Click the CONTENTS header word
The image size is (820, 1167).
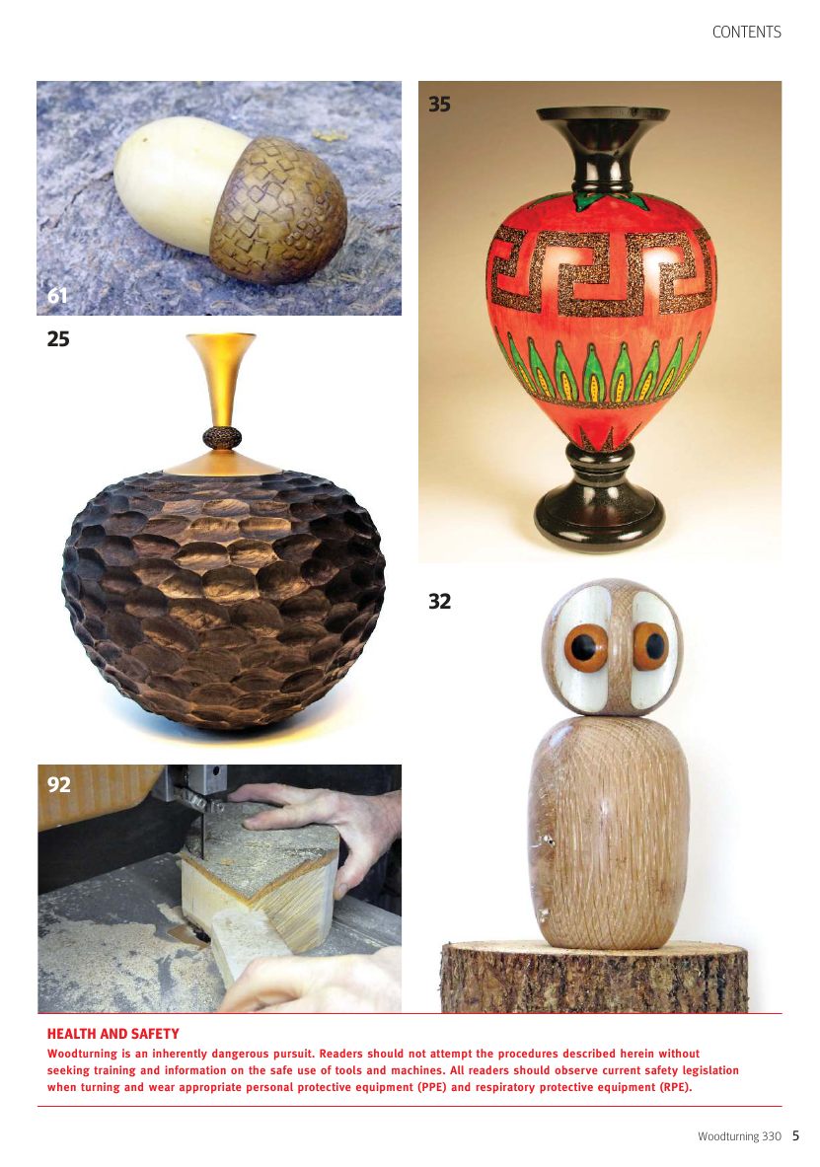point(746,32)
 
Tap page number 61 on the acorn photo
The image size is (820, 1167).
point(57,296)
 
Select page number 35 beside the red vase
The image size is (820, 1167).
point(439,105)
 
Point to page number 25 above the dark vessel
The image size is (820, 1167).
point(58,339)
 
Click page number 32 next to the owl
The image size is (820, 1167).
point(439,602)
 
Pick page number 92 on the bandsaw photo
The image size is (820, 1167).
point(59,784)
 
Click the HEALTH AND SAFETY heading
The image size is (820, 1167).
point(113,1034)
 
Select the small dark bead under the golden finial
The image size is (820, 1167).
point(222,438)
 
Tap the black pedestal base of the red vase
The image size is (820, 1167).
point(600,498)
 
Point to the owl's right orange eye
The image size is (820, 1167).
point(650,646)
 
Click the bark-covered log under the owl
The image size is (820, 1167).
point(594,978)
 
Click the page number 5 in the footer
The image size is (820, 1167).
point(795,1135)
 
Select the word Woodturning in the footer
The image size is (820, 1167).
point(728,1136)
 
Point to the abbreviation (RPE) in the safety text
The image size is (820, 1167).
point(676,1087)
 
